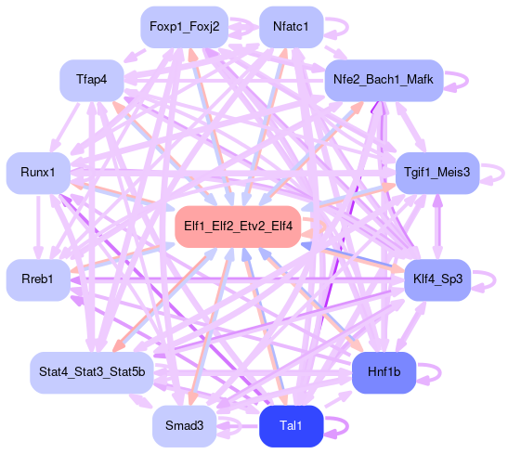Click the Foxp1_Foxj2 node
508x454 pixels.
[x=184, y=27]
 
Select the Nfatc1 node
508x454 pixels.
[x=292, y=27]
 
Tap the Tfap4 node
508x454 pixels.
[x=92, y=80]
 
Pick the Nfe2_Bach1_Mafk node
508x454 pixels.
[x=384, y=80]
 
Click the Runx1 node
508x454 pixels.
[x=38, y=173]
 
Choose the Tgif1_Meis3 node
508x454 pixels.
[x=437, y=173]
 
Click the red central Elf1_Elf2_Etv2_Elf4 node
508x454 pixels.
[x=238, y=227]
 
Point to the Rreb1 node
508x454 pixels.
[x=38, y=279]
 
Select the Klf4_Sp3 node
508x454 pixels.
[x=437, y=279]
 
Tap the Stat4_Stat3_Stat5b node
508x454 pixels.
[x=92, y=372]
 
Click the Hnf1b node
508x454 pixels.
[x=384, y=372]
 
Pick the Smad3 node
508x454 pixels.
[x=184, y=426]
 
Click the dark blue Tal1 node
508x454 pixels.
[x=292, y=426]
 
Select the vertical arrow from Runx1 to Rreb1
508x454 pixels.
[x=38, y=227]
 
